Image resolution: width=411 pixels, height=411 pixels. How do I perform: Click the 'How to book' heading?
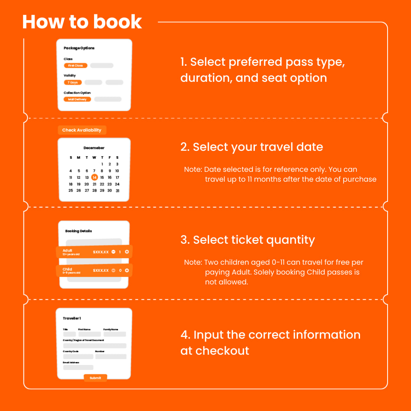[x=82, y=22]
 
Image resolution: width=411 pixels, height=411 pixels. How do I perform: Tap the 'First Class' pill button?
[x=76, y=66]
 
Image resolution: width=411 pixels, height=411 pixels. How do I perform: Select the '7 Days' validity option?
[x=73, y=83]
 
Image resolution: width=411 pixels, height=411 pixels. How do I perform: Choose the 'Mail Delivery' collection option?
[x=77, y=99]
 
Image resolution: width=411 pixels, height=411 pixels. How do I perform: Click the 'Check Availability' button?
[x=82, y=130]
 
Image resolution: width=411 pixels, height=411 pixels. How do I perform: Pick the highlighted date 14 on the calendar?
[x=95, y=178]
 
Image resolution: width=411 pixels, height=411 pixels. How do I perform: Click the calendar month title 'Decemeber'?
[x=94, y=148]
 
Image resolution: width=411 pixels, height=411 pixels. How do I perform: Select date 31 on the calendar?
[x=118, y=191]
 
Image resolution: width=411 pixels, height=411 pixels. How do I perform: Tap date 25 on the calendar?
[x=71, y=191]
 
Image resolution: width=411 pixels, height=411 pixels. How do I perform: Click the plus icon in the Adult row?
[x=127, y=252]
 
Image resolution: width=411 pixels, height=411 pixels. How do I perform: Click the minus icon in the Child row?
[x=113, y=270]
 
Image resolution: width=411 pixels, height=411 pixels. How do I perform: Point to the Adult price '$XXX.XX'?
[x=101, y=252]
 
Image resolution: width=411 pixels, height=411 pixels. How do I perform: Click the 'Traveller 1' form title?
[x=72, y=319]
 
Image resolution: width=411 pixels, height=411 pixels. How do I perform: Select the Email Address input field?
[x=78, y=367]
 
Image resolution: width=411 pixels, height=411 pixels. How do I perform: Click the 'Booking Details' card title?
[x=79, y=231]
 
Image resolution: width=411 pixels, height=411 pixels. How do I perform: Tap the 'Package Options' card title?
[x=79, y=48]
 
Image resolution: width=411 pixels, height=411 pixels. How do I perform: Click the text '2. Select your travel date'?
[x=252, y=147]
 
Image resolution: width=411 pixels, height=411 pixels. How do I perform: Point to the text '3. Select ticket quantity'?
[x=248, y=240]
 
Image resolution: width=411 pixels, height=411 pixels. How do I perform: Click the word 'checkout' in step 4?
[x=222, y=351]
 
